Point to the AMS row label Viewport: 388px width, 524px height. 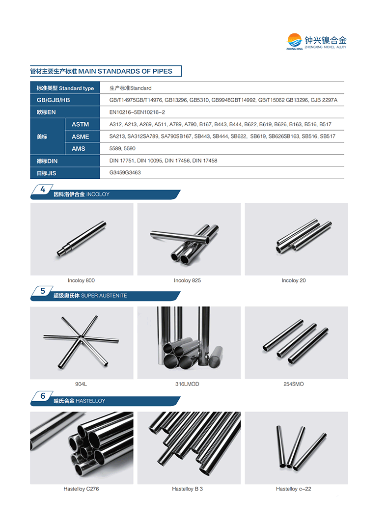(79, 149)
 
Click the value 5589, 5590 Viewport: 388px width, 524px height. (122, 148)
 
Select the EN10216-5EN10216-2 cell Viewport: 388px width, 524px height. (137, 112)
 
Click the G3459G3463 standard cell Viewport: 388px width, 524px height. (125, 173)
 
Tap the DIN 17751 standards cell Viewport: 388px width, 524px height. (163, 161)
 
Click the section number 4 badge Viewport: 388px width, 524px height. (43, 190)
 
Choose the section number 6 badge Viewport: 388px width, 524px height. (43, 396)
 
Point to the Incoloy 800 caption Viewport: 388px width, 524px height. (81, 280)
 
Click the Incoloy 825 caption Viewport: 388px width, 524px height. (187, 280)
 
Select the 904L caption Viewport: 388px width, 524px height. (81, 384)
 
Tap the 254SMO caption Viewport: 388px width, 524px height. (293, 384)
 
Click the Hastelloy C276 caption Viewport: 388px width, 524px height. (81, 489)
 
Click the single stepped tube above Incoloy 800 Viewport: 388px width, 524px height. (81, 239)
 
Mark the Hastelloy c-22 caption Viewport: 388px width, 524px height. (293, 489)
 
